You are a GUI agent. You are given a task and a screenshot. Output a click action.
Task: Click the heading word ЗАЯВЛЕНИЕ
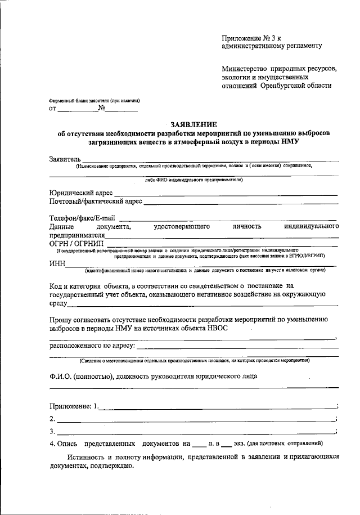(x=193, y=124)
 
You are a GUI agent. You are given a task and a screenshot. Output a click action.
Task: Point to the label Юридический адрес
(x=81, y=192)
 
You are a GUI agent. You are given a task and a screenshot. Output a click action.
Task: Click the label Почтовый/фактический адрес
(x=95, y=201)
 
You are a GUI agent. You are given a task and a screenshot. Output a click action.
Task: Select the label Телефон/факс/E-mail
(x=82, y=218)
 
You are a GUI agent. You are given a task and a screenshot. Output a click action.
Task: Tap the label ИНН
(x=57, y=263)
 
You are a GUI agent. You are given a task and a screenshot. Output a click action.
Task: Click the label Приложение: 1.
(x=74, y=406)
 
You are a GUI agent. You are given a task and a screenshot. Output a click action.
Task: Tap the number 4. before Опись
(x=52, y=444)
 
